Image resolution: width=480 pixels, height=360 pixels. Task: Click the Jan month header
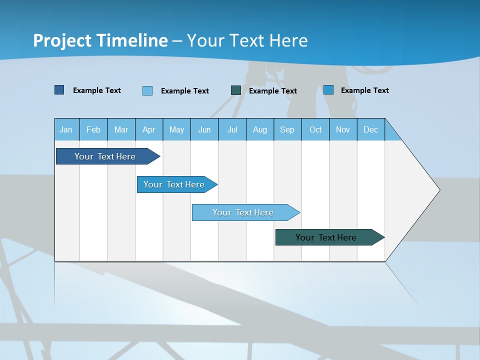[66, 129]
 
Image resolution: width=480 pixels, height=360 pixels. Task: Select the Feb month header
[93, 129]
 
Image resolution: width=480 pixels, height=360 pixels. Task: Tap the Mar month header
[121, 129]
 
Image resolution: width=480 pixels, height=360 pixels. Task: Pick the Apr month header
[149, 129]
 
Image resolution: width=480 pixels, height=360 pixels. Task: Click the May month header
[176, 129]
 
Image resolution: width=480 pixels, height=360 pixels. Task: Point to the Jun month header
[204, 129]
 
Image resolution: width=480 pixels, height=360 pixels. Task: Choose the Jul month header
[232, 129]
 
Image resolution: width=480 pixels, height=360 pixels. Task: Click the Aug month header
[260, 129]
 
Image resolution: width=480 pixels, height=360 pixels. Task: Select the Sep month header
[287, 129]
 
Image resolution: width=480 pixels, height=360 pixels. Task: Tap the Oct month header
[315, 129]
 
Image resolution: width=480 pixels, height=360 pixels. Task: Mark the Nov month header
[343, 129]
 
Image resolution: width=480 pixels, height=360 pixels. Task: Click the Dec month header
[371, 129]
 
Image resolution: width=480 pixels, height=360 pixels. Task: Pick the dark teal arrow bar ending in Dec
[326, 237]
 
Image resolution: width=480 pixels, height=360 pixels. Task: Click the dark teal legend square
[236, 90]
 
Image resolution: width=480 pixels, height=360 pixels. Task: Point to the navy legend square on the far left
[59, 90]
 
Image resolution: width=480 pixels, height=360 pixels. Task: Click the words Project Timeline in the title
[100, 40]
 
